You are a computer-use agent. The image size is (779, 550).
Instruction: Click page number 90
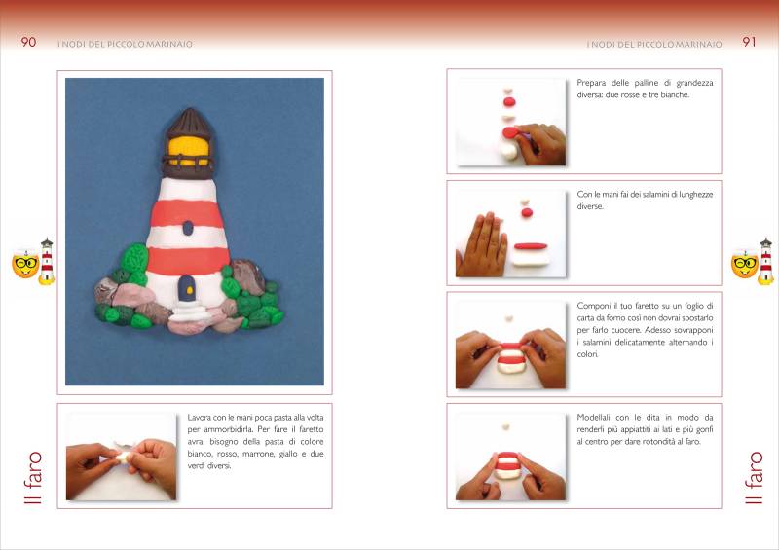pyautogui.click(x=28, y=42)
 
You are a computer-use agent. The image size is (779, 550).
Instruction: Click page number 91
pyautogui.click(x=749, y=42)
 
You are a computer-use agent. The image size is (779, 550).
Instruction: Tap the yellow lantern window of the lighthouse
pyautogui.click(x=189, y=148)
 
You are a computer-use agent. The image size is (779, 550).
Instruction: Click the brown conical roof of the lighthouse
pyautogui.click(x=189, y=121)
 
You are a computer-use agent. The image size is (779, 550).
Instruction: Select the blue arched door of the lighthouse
pyautogui.click(x=186, y=288)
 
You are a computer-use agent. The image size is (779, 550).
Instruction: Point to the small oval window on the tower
pyautogui.click(x=187, y=228)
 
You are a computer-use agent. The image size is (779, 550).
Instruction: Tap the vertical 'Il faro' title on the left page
pyautogui.click(x=34, y=477)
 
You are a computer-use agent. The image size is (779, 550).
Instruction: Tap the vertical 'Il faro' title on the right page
pyautogui.click(x=753, y=477)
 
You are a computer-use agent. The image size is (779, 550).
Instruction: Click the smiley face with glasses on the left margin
pyautogui.click(x=25, y=264)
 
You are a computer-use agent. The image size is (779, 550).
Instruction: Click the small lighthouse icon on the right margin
pyautogui.click(x=765, y=261)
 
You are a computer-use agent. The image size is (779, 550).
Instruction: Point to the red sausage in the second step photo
pyautogui.click(x=531, y=246)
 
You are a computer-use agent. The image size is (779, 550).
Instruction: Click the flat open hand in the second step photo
pyautogui.click(x=480, y=245)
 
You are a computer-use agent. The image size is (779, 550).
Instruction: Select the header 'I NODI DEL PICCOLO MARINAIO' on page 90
pyautogui.click(x=126, y=44)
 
